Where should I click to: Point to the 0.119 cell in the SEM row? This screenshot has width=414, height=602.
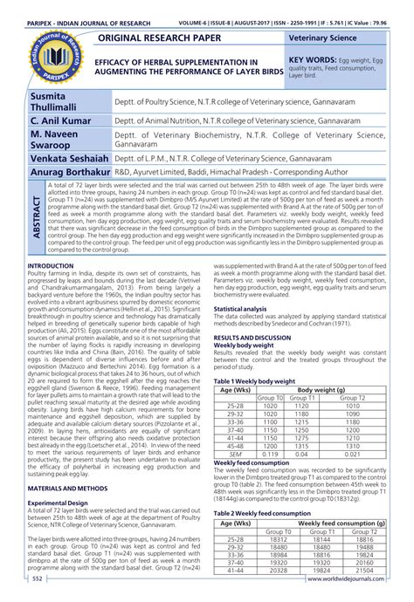coord(272,455)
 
